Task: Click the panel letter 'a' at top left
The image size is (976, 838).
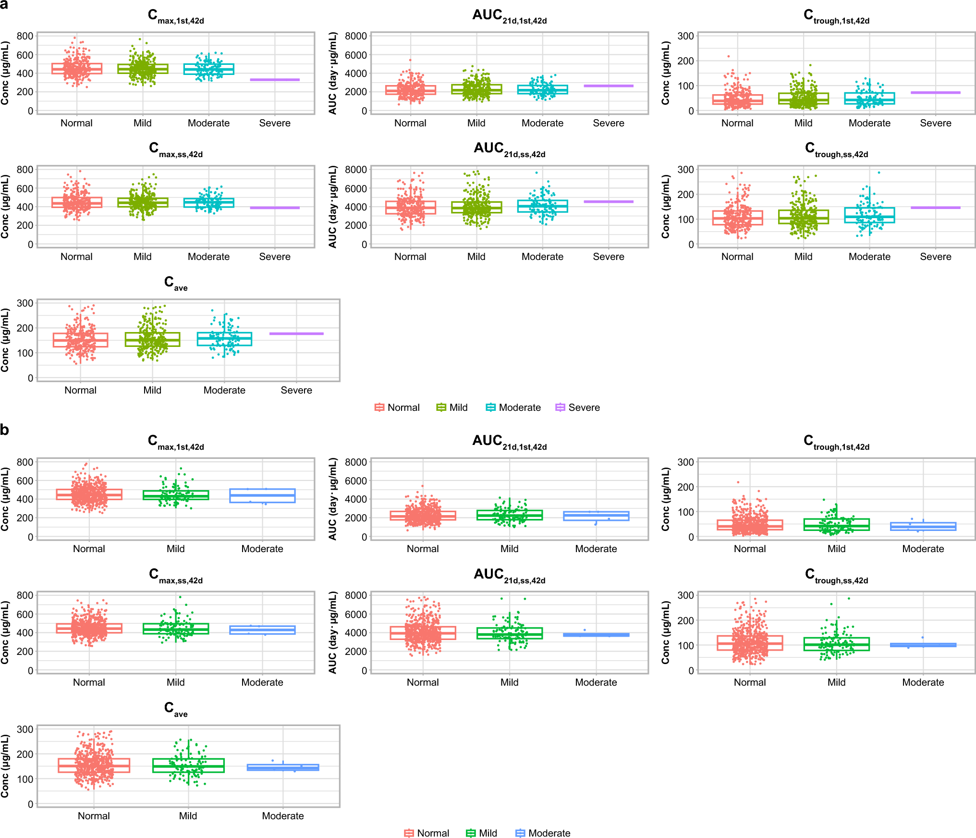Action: pyautogui.click(x=4, y=5)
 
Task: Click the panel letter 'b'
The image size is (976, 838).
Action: pyautogui.click(x=4, y=430)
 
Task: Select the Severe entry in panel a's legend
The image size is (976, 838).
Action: pyautogui.click(x=577, y=407)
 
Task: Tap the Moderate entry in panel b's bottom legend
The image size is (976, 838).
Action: pyautogui.click(x=543, y=833)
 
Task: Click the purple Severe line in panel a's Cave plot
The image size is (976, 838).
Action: pyautogui.click(x=296, y=333)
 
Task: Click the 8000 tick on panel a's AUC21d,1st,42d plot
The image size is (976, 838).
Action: pyautogui.click(x=356, y=36)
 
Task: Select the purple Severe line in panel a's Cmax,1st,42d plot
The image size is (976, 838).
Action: pyautogui.click(x=275, y=80)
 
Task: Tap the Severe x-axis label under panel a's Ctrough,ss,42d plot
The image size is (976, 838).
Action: pyautogui.click(x=935, y=257)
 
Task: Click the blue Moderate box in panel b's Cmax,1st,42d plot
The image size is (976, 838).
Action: pyautogui.click(x=262, y=496)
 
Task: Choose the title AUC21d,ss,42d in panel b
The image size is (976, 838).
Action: pyautogui.click(x=510, y=575)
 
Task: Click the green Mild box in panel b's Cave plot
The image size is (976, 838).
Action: pyautogui.click(x=188, y=765)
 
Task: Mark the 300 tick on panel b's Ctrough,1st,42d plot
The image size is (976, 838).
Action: pyautogui.click(x=685, y=462)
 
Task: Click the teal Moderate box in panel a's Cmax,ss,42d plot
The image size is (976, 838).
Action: pyautogui.click(x=209, y=203)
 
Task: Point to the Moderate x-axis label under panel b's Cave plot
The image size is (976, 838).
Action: pyautogui.click(x=282, y=816)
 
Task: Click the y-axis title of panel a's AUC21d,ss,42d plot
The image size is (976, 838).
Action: pyautogui.click(x=332, y=207)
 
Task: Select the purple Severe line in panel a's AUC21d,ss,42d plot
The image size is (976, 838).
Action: pyautogui.click(x=609, y=202)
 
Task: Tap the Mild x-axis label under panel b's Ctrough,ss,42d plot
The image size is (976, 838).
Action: pyautogui.click(x=836, y=682)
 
